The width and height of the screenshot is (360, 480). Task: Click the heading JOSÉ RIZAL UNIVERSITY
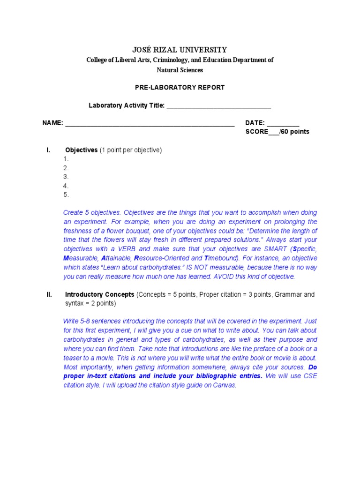pos(180,50)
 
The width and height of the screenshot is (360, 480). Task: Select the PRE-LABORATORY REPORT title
pos(180,87)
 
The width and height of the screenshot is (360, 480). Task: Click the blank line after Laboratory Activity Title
pos(218,106)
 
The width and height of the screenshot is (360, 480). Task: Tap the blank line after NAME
pos(150,123)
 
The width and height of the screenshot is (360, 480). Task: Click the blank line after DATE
pos(283,123)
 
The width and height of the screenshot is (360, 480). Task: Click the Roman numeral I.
pos(48,150)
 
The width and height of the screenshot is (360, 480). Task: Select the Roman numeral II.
pos(49,295)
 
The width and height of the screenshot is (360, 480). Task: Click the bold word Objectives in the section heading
pos(81,150)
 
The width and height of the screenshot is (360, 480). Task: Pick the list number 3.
pos(66,177)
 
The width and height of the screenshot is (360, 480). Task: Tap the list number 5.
pos(66,195)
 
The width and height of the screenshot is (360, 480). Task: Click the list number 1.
pos(66,159)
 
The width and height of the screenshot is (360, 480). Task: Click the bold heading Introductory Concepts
pos(99,295)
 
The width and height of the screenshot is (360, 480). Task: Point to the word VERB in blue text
pos(129,249)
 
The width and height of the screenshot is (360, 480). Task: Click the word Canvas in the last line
pos(225,385)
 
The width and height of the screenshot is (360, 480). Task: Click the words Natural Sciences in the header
pos(180,70)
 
